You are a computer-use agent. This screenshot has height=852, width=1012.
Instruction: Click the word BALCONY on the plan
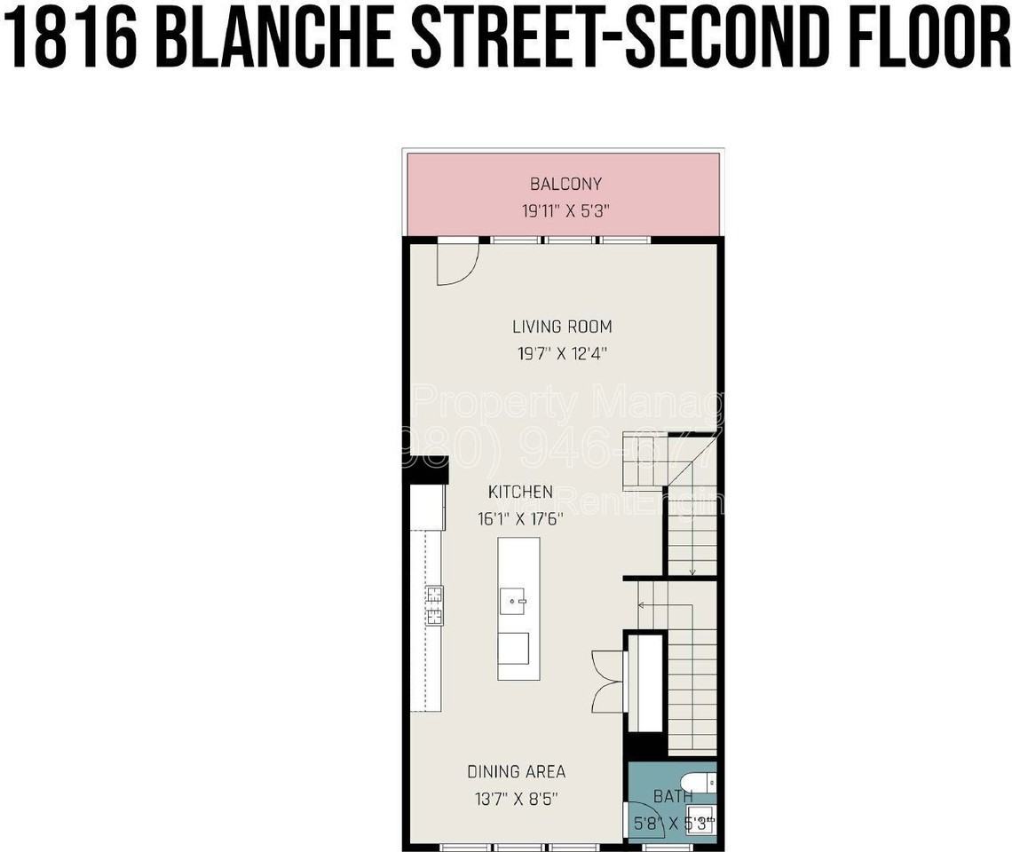pyautogui.click(x=565, y=185)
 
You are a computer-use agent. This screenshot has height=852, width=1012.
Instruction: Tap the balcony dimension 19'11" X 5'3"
pyautogui.click(x=565, y=212)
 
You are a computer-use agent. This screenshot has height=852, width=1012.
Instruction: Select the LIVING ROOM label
pyautogui.click(x=562, y=327)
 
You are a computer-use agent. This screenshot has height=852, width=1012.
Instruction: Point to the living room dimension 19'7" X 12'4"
pyautogui.click(x=562, y=353)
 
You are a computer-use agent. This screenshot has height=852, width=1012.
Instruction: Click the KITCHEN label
pyautogui.click(x=520, y=492)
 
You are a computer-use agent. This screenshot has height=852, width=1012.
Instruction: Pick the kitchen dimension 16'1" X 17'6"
pyautogui.click(x=520, y=519)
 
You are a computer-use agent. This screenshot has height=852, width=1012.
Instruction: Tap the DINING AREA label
pyautogui.click(x=517, y=771)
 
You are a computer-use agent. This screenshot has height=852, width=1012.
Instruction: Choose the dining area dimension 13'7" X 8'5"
pyautogui.click(x=517, y=799)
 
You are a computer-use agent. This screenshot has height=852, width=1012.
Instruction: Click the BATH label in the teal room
pyautogui.click(x=673, y=796)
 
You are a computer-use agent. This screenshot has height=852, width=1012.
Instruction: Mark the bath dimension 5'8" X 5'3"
pyautogui.click(x=673, y=823)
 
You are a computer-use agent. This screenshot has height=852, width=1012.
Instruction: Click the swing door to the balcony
pyautogui.click(x=457, y=263)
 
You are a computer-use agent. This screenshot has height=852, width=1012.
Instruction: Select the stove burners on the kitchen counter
pyautogui.click(x=435, y=606)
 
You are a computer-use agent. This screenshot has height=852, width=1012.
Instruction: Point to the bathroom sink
pyautogui.click(x=702, y=822)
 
